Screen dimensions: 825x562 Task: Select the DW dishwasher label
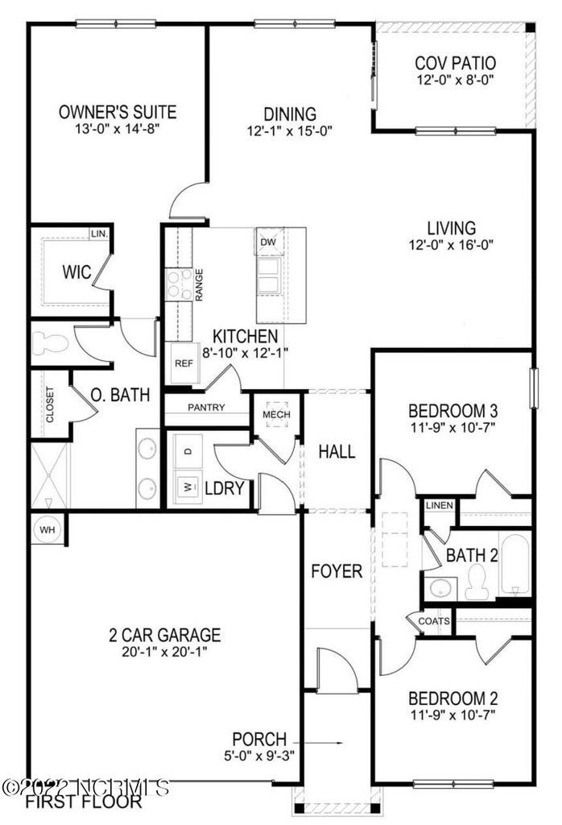pyautogui.click(x=268, y=241)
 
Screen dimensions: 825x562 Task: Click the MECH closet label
pyautogui.click(x=276, y=414)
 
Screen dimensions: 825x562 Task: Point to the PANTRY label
pyautogui.click(x=206, y=408)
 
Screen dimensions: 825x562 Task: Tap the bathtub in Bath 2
pyautogui.click(x=514, y=565)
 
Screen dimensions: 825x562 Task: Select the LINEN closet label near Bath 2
pyautogui.click(x=440, y=505)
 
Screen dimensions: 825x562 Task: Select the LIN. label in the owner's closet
pyautogui.click(x=99, y=234)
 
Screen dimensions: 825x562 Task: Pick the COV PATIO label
pyautogui.click(x=455, y=63)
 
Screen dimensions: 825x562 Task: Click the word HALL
pyautogui.click(x=336, y=451)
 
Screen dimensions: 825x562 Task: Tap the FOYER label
pyautogui.click(x=337, y=571)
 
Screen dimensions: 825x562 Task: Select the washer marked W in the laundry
pyautogui.click(x=188, y=487)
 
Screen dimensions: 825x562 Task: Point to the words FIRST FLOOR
pyautogui.click(x=83, y=802)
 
